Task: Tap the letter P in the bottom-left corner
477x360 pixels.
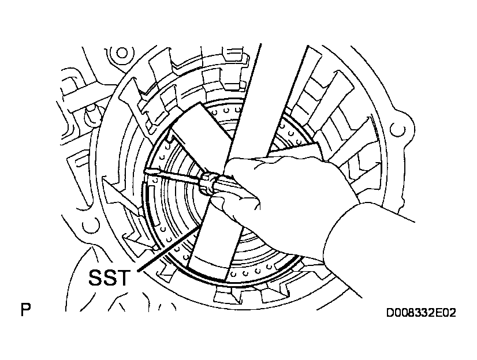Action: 25,311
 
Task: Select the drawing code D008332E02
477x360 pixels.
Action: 422,313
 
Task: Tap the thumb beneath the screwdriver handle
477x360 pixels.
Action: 237,202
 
